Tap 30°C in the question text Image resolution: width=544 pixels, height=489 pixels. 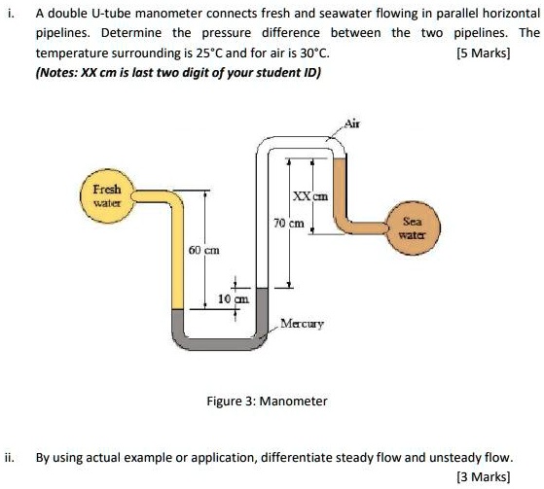pyautogui.click(x=310, y=54)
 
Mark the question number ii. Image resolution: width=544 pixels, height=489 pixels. pyautogui.click(x=9, y=456)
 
